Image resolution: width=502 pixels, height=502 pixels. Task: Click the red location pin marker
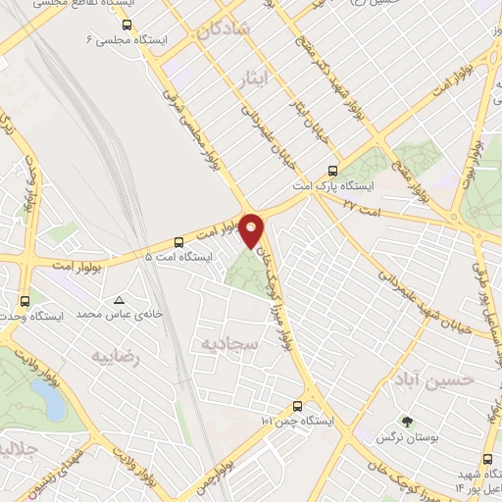(x=252, y=229)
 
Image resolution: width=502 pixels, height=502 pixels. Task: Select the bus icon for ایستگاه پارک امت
(x=334, y=169)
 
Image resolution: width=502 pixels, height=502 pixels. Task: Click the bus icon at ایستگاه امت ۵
(x=177, y=241)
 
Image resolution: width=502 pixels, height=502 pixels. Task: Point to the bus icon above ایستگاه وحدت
(x=25, y=301)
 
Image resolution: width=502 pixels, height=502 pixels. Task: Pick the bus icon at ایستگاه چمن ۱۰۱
(x=297, y=406)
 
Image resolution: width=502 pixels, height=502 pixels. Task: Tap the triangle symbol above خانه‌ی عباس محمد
(x=119, y=300)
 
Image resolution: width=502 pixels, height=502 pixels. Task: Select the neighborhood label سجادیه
(x=227, y=344)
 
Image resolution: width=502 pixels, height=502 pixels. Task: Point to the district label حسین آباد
(x=428, y=378)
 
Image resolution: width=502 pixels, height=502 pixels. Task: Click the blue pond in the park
(x=47, y=397)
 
